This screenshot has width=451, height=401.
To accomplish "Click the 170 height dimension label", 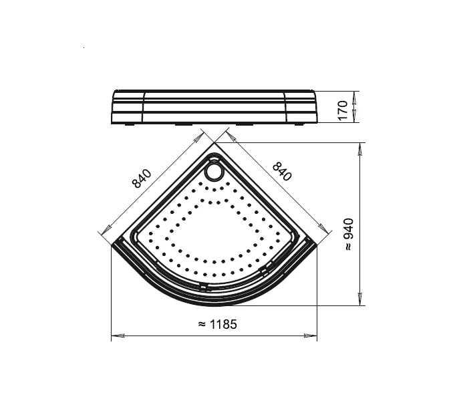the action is pyautogui.click(x=343, y=110).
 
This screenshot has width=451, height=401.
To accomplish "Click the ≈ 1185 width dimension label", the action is pyautogui.click(x=218, y=325).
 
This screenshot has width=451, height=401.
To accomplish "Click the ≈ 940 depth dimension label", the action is pyautogui.click(x=349, y=234).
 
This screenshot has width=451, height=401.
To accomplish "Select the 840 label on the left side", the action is pyautogui.click(x=142, y=178).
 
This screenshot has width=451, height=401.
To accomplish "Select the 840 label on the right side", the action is pyautogui.click(x=282, y=172).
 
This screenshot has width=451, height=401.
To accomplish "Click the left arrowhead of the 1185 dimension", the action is pyautogui.click(x=118, y=336).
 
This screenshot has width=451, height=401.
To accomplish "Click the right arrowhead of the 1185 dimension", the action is pyautogui.click(x=310, y=336).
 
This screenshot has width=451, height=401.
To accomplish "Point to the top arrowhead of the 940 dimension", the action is pyautogui.click(x=359, y=149).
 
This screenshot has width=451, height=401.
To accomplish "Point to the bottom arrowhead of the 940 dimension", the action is pyautogui.click(x=359, y=299).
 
